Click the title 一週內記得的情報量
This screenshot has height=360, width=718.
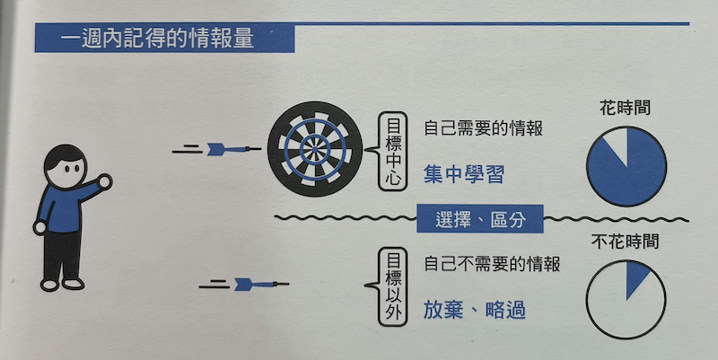156,39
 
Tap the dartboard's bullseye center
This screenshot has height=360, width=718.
315,149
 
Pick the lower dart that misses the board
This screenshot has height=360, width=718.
261,285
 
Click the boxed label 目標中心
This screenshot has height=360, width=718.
393,151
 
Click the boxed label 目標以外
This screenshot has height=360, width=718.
393,286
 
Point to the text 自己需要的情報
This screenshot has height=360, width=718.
483,128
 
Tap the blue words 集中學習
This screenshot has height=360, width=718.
464,174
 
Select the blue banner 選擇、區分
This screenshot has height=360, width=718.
480,219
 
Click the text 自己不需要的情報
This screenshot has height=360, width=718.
492,264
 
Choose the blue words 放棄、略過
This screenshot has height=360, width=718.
475,311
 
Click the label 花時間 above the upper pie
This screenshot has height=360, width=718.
625,108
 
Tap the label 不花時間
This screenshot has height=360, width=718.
625,241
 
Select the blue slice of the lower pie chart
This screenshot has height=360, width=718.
636,278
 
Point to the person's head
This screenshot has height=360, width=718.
66,165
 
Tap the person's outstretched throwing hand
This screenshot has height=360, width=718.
105,181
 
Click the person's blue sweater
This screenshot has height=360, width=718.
64,207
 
